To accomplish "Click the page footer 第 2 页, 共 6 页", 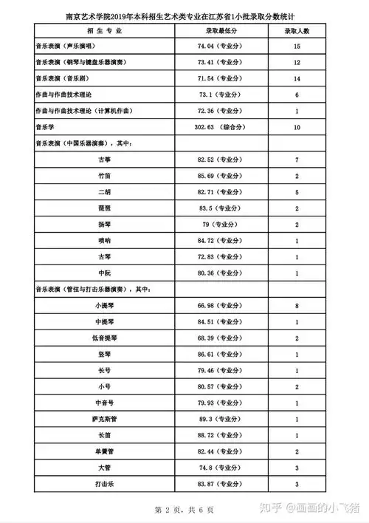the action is (x=184, y=510).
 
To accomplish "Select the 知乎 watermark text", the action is (x=275, y=507).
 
